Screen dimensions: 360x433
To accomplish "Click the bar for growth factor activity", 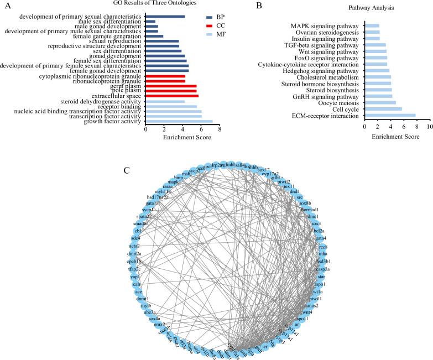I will (179, 121).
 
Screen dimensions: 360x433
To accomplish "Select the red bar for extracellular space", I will (171, 96).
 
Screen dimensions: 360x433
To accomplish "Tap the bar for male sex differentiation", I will (150, 21).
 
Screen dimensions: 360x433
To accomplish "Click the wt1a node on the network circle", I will (315, 291).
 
